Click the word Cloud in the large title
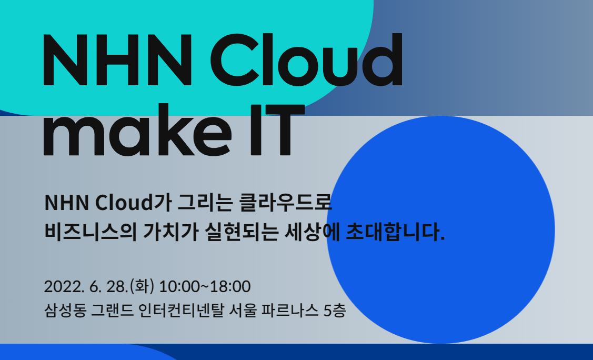tap(306, 60)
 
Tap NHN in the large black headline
tap(118, 61)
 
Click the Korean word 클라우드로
tap(286, 202)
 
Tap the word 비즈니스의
tap(91, 232)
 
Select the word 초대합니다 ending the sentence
tap(395, 232)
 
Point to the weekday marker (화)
tap(142, 286)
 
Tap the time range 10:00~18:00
tap(205, 287)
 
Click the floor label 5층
tap(335, 311)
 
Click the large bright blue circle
tap(440, 229)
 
